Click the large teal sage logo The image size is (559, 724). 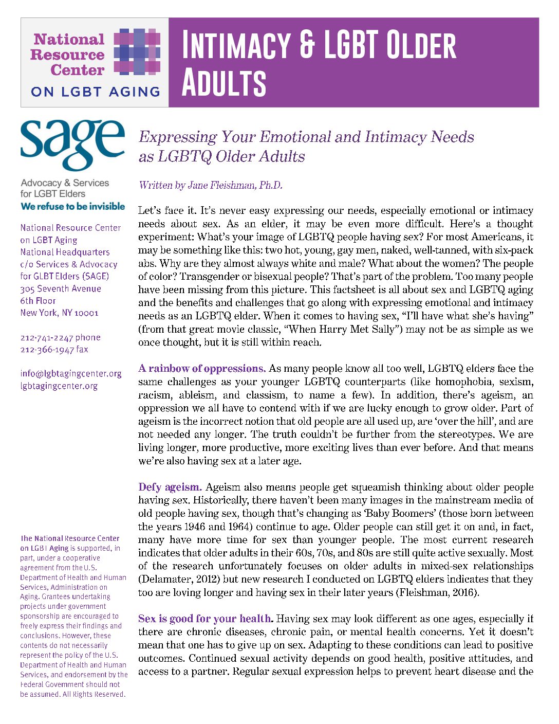pos(72,145)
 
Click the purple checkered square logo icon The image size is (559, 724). pos(137,51)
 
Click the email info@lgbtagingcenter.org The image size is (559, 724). pos(71,373)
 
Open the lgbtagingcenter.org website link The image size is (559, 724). pos(59,386)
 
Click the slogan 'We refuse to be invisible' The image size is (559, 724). pos(72,206)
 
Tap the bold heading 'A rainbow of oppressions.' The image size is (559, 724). pos(202,369)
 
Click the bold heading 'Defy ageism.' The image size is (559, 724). pos(170,487)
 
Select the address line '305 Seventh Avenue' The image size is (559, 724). pos(61,288)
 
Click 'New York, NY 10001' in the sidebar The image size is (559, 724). pos(59,313)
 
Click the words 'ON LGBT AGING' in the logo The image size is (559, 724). pos(96,92)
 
